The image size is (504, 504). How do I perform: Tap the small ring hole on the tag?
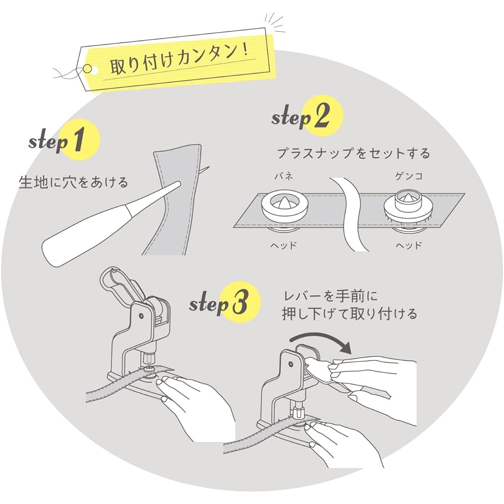pyautogui.click(x=87, y=68)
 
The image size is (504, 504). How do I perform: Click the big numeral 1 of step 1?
pyautogui.click(x=78, y=139)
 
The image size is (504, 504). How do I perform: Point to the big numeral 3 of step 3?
pyautogui.click(x=240, y=301)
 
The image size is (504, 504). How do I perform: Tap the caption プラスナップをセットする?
pyautogui.click(x=354, y=153)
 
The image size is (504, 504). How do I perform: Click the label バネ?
pyautogui.click(x=283, y=176)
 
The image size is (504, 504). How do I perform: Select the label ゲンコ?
pyautogui.click(x=409, y=176)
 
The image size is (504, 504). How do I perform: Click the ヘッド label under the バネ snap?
pyautogui.click(x=283, y=246)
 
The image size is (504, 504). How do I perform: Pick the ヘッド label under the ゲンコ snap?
pyautogui.click(x=409, y=246)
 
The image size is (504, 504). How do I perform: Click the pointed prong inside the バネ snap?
pyautogui.click(x=283, y=202)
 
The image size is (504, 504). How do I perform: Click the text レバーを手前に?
pyautogui.click(x=331, y=296)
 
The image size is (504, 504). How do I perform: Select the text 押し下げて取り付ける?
pyautogui.click(x=349, y=314)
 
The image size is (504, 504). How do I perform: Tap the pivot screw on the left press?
pyautogui.click(x=141, y=317)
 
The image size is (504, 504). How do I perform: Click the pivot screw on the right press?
pyautogui.click(x=291, y=364)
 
